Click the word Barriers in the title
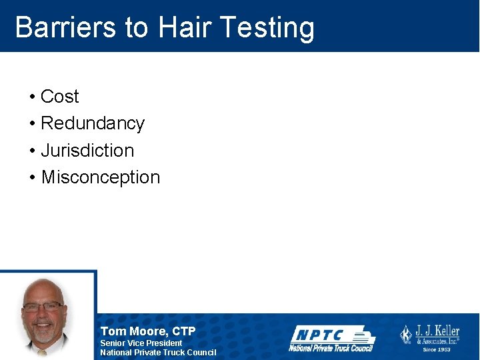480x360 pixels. (x=65, y=28)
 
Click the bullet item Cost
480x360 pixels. (x=59, y=97)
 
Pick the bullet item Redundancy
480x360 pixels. (x=92, y=124)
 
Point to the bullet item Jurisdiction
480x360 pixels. (x=87, y=151)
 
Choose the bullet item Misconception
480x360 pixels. (x=100, y=177)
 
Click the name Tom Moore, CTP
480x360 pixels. (x=148, y=331)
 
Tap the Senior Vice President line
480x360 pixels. (x=141, y=343)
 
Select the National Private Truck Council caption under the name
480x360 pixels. (x=158, y=352)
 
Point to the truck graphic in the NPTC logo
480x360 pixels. (x=360, y=335)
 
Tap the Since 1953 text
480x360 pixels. (x=437, y=349)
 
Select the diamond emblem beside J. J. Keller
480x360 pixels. (x=406, y=335)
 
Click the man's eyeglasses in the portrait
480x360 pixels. (x=43, y=307)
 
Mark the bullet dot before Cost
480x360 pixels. (x=32, y=97)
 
